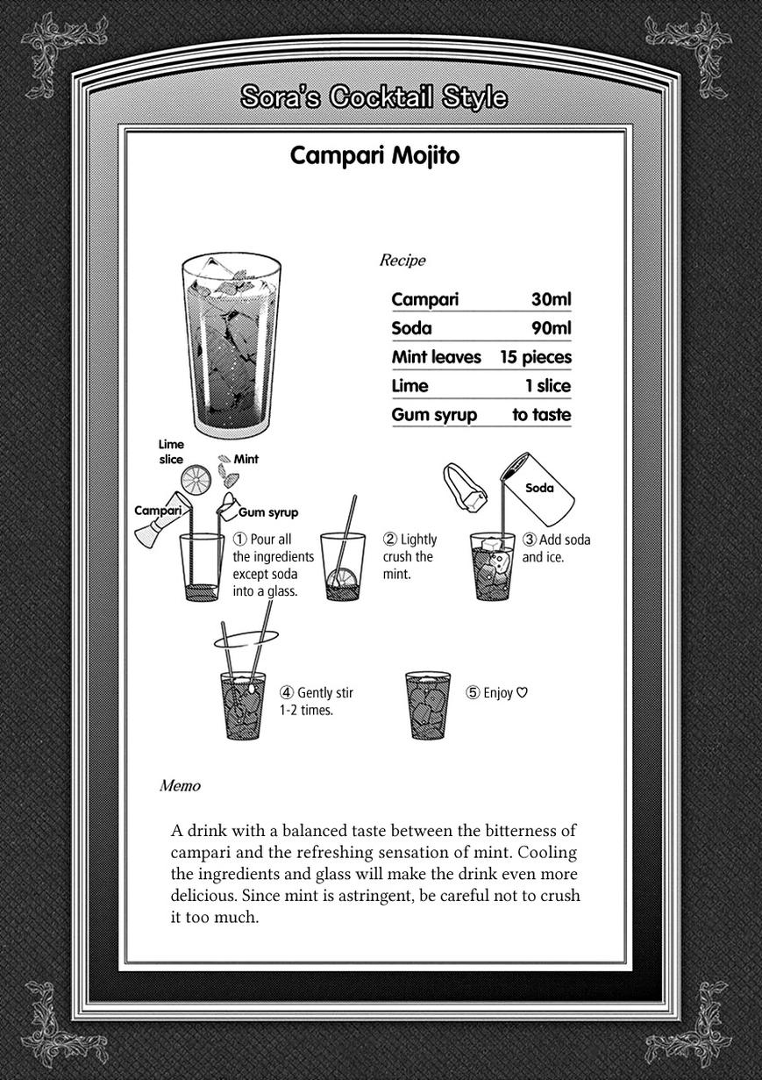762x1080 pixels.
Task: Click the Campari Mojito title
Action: (374, 156)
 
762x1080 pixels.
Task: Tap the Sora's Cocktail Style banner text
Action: (374, 97)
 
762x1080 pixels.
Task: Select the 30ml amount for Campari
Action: (551, 299)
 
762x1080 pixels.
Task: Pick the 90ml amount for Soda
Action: (551, 328)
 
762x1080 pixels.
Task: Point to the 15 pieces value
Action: (535, 357)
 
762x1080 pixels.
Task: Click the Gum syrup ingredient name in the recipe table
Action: (434, 415)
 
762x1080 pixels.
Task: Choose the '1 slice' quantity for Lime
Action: (547, 386)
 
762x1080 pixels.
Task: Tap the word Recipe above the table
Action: (402, 261)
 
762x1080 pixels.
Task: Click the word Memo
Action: (180, 786)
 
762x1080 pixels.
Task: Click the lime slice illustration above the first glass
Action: (196, 479)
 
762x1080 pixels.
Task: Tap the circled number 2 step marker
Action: (390, 540)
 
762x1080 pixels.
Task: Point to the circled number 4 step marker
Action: (286, 693)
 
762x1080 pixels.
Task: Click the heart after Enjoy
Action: (522, 693)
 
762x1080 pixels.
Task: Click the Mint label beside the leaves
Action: (246, 459)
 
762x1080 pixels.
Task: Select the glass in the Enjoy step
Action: (428, 705)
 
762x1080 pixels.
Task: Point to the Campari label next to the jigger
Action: (158, 510)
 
